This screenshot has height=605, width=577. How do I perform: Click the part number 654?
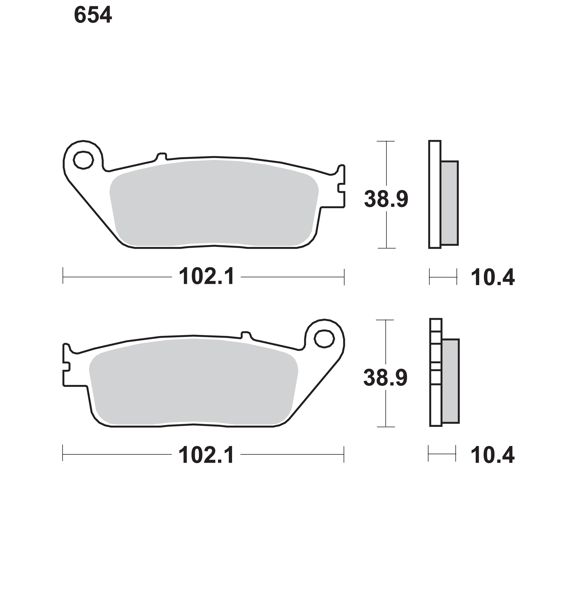click(93, 15)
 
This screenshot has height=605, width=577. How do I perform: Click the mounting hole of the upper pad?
click(83, 160)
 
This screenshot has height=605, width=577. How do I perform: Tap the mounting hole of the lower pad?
click(324, 339)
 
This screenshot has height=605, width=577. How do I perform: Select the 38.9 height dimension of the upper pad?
click(386, 199)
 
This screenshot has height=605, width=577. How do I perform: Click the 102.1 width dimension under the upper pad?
click(206, 276)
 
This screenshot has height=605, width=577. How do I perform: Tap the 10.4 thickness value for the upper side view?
click(493, 278)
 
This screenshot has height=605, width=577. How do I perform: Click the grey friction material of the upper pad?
click(214, 203)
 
